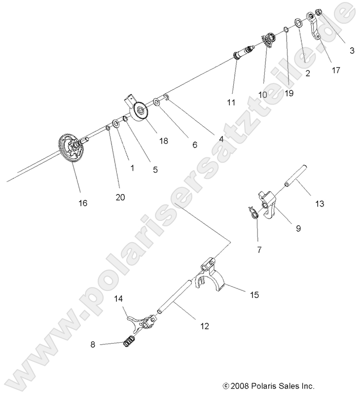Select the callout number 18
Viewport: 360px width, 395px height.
pos(163,141)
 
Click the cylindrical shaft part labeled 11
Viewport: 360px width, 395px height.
pos(243,52)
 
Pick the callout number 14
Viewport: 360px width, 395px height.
pos(118,299)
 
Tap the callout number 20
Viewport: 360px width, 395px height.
pos(120,197)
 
